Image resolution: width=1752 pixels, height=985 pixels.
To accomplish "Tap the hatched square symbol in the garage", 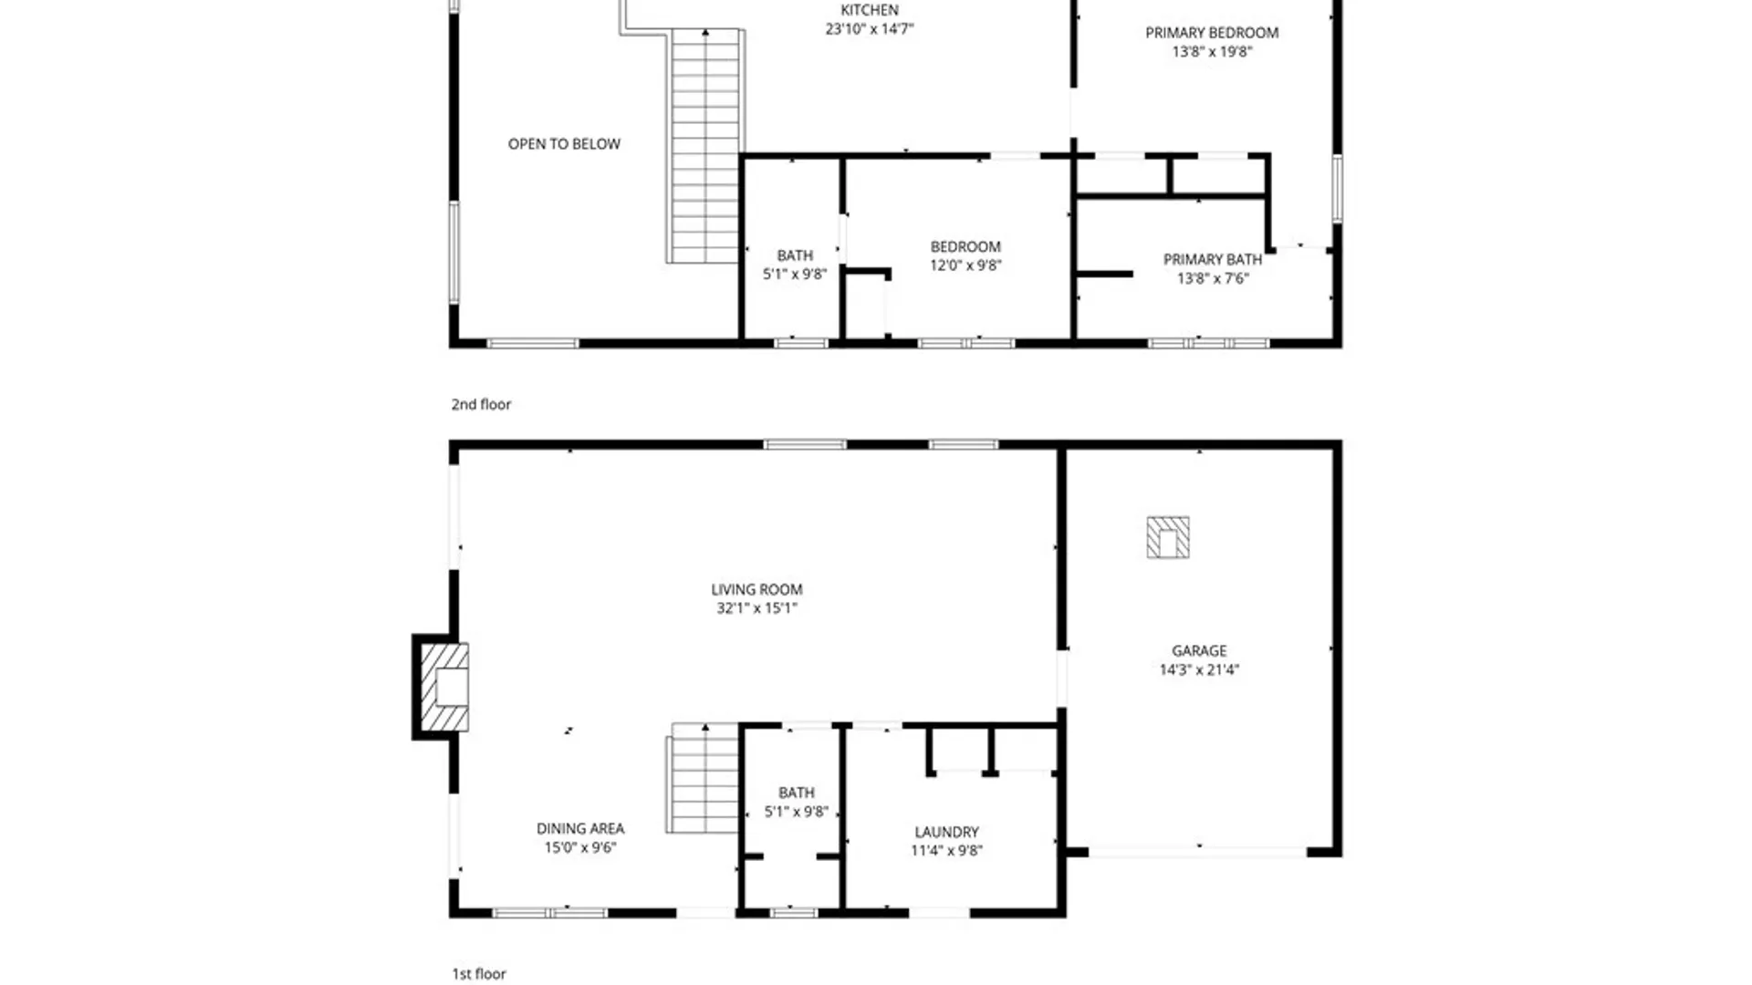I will click(x=1168, y=537).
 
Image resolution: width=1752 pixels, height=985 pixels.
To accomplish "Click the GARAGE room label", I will click(x=1199, y=650).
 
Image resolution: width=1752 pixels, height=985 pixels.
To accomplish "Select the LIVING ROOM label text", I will click(x=756, y=589).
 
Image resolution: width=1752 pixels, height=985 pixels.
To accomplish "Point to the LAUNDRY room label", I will click(x=946, y=832).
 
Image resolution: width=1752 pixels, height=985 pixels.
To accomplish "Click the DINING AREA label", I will click(x=580, y=828).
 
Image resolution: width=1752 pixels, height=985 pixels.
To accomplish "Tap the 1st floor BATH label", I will click(x=796, y=793).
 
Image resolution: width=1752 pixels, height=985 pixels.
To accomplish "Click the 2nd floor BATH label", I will click(x=795, y=255).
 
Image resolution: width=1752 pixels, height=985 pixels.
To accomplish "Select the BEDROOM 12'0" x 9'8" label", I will click(x=965, y=247).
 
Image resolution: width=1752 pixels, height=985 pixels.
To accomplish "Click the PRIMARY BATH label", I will click(x=1212, y=260).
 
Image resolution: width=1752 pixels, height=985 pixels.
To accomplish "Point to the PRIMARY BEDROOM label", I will click(x=1212, y=33).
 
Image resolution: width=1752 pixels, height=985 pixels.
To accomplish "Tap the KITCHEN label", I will click(x=869, y=10).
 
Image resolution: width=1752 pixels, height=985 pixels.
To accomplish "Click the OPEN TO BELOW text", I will click(x=564, y=144).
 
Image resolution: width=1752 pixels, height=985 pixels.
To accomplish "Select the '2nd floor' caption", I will click(x=481, y=404).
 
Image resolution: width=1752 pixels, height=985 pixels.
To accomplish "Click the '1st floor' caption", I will click(x=479, y=974).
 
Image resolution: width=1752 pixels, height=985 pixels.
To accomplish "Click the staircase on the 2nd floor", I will click(x=705, y=146).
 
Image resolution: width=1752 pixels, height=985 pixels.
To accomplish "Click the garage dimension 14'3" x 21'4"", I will click(x=1199, y=669).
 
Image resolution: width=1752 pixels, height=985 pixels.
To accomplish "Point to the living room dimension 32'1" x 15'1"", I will click(x=756, y=608).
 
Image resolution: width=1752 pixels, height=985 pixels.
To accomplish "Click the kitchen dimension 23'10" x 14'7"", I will click(x=869, y=29).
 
